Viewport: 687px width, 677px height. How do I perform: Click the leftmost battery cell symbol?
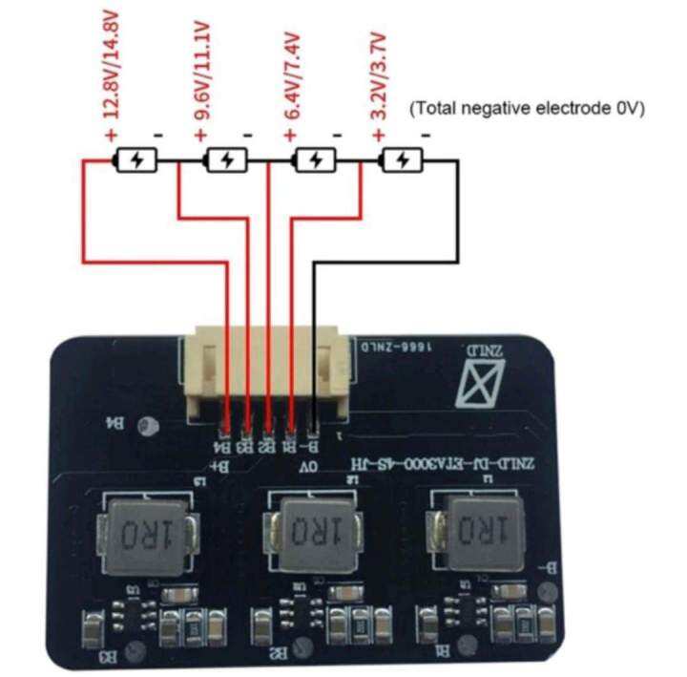[x=136, y=160]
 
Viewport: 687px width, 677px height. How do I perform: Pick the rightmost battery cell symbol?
[x=404, y=160]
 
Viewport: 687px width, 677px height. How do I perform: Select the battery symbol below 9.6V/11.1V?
[x=227, y=160]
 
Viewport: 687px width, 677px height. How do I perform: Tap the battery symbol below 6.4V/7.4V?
[x=315, y=160]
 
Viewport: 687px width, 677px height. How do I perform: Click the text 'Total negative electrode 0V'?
[x=527, y=110]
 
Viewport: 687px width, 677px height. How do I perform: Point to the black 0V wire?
[x=458, y=220]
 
